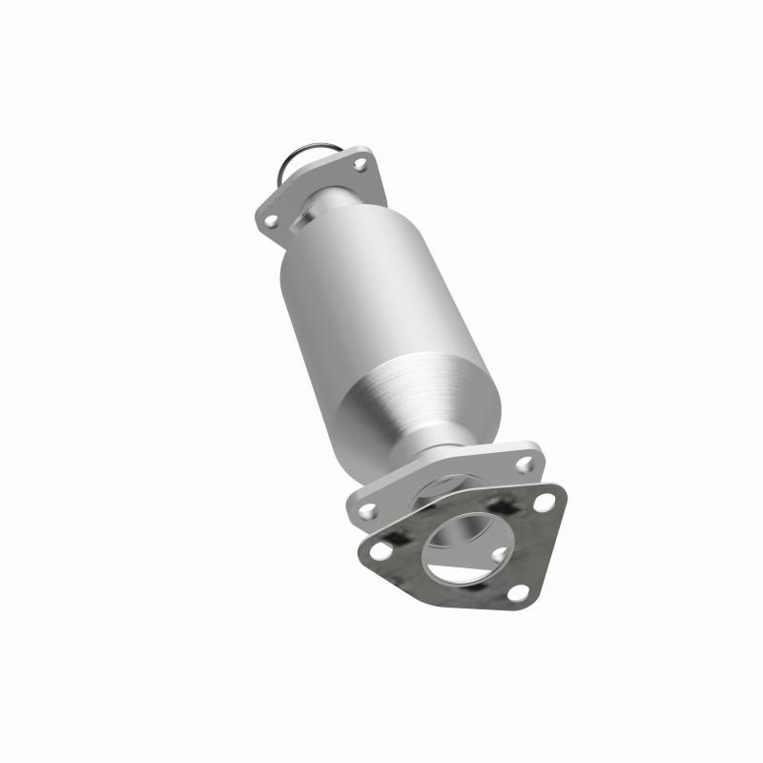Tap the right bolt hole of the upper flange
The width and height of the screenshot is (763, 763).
pyautogui.click(x=360, y=165)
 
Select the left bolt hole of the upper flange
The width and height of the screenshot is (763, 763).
pyautogui.click(x=272, y=220)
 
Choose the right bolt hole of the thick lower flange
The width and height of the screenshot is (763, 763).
pyautogui.click(x=524, y=464)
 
